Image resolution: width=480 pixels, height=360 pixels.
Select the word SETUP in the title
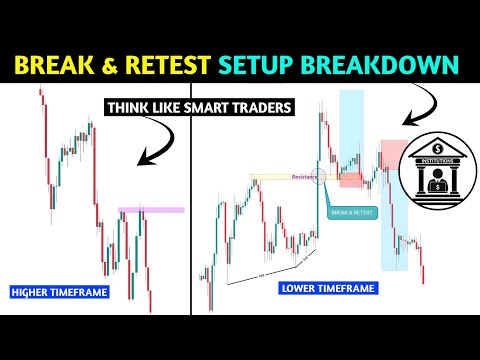coord(263,65)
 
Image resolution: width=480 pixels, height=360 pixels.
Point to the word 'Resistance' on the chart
coord(303,178)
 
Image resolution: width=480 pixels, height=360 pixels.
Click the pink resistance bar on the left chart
coord(151,210)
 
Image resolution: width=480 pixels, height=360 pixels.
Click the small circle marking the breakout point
coord(319,178)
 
